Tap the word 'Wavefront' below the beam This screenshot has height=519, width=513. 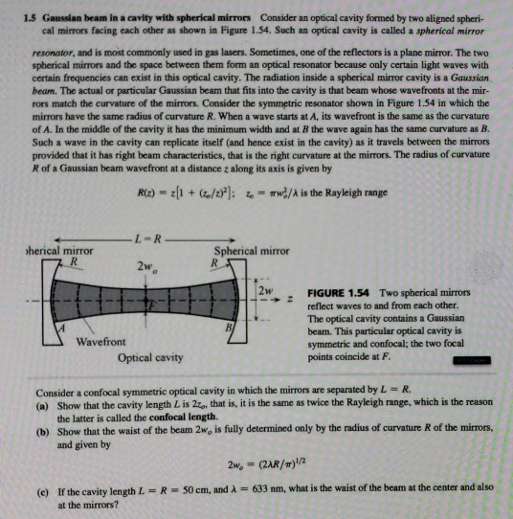point(104,342)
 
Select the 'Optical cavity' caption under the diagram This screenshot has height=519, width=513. point(151,358)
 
